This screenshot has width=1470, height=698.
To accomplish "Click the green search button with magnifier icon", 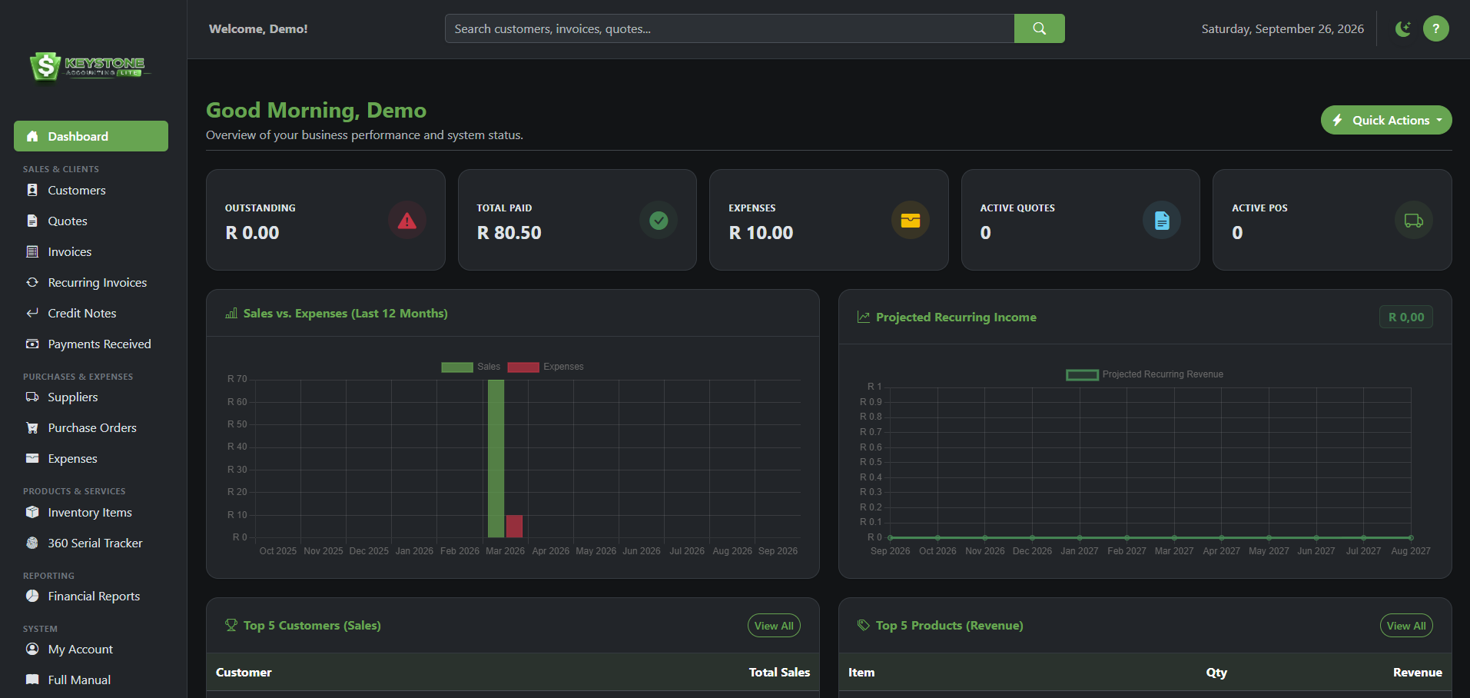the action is [1039, 28].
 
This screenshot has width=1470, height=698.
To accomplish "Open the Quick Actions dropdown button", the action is [1385, 120].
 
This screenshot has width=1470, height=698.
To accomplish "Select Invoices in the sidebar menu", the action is [69, 251].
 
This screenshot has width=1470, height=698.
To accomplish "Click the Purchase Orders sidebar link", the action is [92, 427].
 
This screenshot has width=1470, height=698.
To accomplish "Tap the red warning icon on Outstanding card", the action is [407, 221].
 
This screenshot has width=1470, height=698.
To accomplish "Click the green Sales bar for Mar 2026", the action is [496, 458].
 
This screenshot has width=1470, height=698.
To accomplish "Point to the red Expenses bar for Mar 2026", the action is [514, 526].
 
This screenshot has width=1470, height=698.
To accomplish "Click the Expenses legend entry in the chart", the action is [546, 367].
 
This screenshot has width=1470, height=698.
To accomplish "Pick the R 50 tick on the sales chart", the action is [237, 424].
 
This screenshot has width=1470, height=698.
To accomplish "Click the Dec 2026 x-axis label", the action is [1032, 551].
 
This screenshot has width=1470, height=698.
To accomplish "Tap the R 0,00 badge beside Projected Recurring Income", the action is [1406, 317].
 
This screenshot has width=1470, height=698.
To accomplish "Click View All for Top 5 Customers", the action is [774, 626].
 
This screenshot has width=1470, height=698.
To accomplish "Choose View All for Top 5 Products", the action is [1406, 626].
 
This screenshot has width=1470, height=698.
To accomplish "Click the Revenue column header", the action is [1417, 673].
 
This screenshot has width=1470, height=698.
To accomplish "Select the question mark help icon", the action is [1435, 28].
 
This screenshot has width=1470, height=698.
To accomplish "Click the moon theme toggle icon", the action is [1403, 28].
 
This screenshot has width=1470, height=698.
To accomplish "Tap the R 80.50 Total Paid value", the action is [509, 233].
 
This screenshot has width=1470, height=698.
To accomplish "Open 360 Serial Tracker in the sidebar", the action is [95, 543].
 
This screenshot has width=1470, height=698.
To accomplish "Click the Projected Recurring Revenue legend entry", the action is [1144, 374].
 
